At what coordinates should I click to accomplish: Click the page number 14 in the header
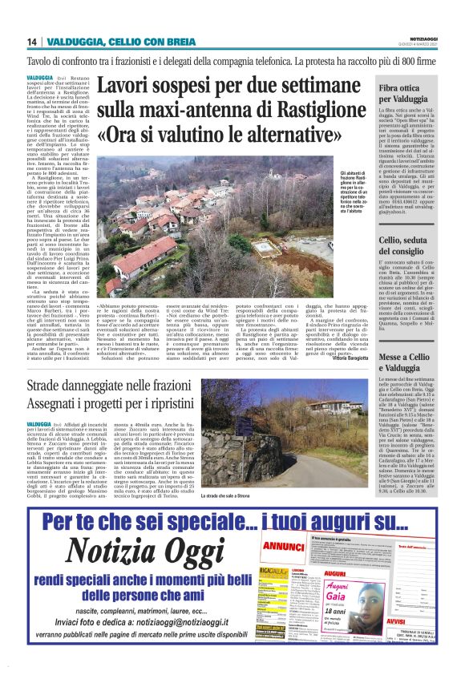31,42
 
